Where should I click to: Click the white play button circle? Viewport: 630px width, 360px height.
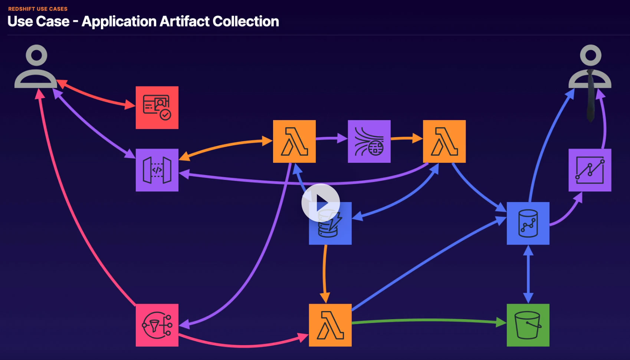tap(321, 203)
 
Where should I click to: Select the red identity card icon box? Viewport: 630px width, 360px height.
tap(157, 108)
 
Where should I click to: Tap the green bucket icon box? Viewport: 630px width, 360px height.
tap(528, 325)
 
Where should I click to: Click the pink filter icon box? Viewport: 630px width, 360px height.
tap(157, 325)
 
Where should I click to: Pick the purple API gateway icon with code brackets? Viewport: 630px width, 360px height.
tap(157, 170)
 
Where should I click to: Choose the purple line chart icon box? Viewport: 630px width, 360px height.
tap(590, 170)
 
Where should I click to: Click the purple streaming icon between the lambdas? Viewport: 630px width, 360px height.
tap(369, 141)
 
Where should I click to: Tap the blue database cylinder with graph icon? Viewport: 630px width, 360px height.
tap(528, 224)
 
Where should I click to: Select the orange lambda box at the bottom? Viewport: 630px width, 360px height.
tap(330, 325)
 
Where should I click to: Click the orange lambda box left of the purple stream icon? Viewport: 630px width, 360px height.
tap(294, 141)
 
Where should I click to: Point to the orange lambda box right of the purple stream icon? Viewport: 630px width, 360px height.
tap(444, 141)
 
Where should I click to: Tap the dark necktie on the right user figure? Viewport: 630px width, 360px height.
tap(590, 96)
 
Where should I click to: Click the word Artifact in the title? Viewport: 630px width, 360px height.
tap(184, 22)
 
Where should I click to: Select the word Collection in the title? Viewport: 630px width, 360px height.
tap(246, 22)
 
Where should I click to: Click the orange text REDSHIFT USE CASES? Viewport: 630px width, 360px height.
tap(38, 9)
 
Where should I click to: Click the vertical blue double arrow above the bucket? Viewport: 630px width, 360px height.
tap(528, 274)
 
